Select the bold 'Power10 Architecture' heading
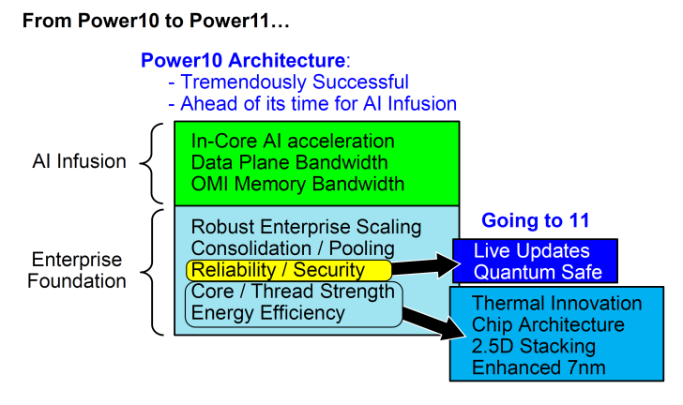(x=242, y=61)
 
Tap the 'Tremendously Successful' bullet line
(x=288, y=82)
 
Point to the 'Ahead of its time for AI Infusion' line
(x=312, y=103)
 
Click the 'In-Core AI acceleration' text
(x=293, y=142)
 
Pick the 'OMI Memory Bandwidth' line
(x=297, y=184)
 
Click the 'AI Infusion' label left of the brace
(x=79, y=161)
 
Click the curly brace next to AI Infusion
(x=151, y=162)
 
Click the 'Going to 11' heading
(x=535, y=221)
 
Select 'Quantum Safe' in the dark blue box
(x=531, y=273)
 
